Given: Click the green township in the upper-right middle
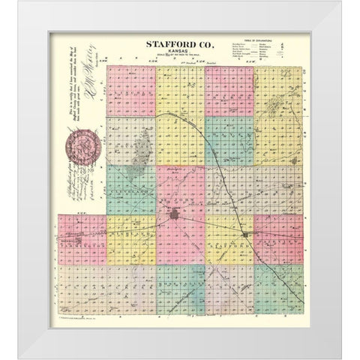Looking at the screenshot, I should click(x=229, y=140).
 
